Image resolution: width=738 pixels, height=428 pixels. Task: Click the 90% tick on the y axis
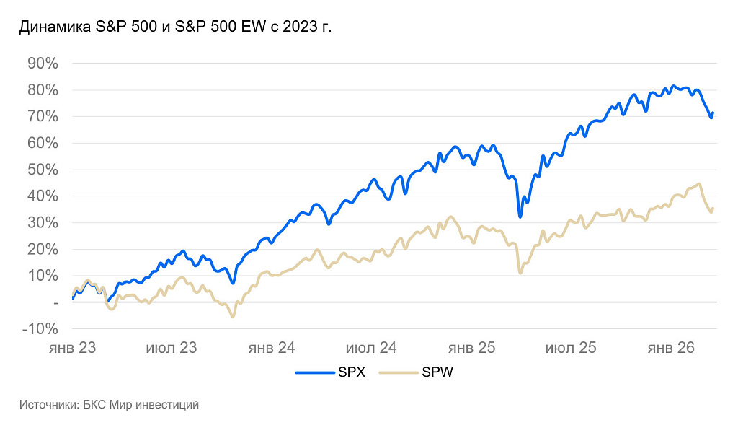click(x=43, y=64)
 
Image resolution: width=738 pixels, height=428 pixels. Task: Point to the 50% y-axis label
click(x=43, y=170)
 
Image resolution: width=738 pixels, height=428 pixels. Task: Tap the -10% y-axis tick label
click(x=40, y=329)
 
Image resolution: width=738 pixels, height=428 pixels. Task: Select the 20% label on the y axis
click(x=43, y=249)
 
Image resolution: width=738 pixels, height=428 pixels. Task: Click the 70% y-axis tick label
click(x=43, y=116)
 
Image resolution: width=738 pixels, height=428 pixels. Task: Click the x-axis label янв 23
click(x=72, y=348)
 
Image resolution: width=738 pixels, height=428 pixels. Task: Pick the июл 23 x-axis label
click(x=172, y=348)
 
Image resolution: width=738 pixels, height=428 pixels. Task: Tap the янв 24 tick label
click(x=272, y=348)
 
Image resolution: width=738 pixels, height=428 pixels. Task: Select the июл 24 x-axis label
click(x=371, y=348)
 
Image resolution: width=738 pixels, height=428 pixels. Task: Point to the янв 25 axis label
click(x=471, y=348)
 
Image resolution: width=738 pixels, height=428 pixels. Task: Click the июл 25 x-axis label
click(x=571, y=348)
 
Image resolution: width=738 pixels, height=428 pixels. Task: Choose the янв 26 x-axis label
click(x=671, y=348)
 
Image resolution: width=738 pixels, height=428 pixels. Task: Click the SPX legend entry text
click(x=352, y=372)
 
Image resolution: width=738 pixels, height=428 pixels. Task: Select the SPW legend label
click(x=437, y=372)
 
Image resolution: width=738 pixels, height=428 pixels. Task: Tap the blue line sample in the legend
click(x=315, y=372)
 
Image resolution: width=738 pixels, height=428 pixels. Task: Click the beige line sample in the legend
click(x=399, y=372)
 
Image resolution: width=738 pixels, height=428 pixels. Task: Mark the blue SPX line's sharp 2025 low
click(x=520, y=216)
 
